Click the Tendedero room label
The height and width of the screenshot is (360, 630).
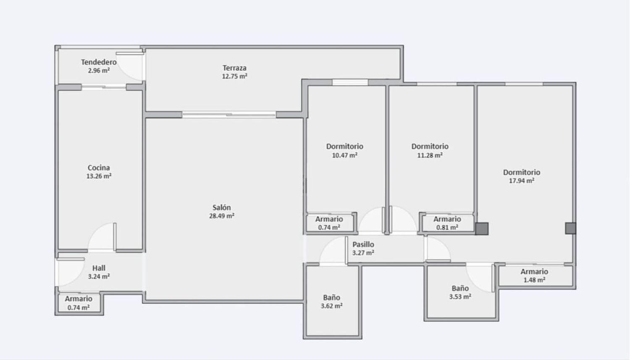tap(99, 62)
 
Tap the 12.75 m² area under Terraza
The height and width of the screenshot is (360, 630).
tap(234, 76)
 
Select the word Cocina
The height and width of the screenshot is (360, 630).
tap(99, 168)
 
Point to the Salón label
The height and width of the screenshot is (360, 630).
tap(222, 208)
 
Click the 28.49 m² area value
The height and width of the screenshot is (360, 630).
tap(222, 216)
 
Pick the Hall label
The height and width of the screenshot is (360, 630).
tap(99, 268)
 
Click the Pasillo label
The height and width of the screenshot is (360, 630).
tap(363, 244)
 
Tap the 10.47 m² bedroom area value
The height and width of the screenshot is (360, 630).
tap(344, 155)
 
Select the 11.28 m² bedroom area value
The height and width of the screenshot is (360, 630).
tap(430, 155)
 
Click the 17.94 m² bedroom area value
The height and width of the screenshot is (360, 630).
tap(522, 181)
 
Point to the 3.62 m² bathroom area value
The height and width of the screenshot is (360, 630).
tap(332, 306)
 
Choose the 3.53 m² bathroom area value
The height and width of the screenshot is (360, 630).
tap(460, 297)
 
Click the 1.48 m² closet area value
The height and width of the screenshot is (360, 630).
tap(534, 280)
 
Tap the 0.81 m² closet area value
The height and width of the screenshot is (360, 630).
tap(447, 227)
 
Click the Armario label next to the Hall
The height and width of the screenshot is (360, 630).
tap(79, 299)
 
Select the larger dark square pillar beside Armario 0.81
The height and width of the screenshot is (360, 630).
tap(482, 229)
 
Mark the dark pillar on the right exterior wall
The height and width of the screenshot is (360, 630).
tap(571, 229)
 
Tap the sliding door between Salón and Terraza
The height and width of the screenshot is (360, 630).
tap(229, 114)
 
